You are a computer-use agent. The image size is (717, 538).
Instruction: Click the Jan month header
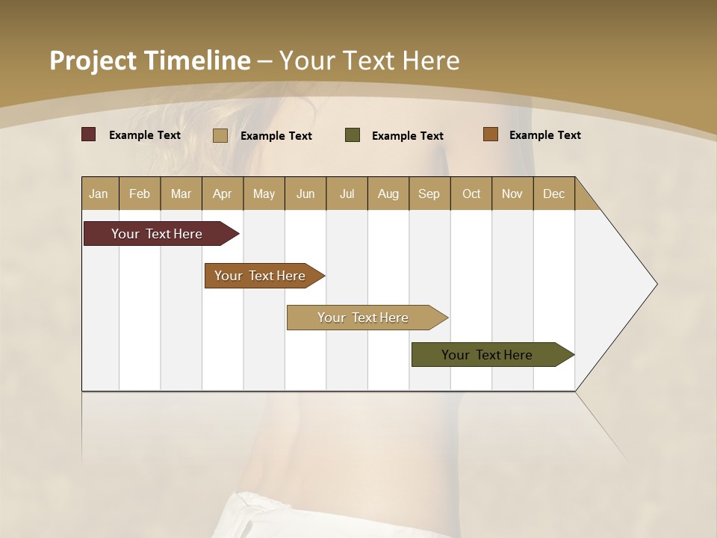point(99,194)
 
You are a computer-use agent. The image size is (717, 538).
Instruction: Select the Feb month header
point(140,194)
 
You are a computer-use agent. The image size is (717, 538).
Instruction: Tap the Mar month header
point(181,194)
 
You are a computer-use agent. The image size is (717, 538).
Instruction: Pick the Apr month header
point(223,194)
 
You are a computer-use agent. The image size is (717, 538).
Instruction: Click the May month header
point(264,194)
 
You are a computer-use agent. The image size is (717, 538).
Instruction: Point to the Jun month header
point(305,194)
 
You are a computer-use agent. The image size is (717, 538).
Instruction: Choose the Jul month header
point(347,194)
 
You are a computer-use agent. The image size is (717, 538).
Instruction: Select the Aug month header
point(388,194)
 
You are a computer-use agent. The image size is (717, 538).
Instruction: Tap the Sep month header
point(429,194)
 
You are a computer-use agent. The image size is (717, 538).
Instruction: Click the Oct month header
point(471,194)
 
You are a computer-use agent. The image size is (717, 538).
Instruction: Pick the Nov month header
point(512,194)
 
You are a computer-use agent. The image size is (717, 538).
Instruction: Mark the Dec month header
point(554,194)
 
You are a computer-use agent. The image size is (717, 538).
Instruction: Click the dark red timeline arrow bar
point(157,234)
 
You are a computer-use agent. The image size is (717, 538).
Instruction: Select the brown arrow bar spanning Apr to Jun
point(260,276)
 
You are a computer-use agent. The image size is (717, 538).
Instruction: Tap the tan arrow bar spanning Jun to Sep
point(363,318)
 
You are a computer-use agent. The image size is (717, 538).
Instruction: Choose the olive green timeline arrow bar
point(487,355)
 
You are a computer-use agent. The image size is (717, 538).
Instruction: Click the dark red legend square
point(89,134)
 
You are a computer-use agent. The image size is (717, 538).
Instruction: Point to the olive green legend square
point(353,134)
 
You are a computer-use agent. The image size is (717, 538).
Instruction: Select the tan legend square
point(220,135)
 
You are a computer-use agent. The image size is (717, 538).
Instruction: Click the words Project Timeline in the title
point(149,61)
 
